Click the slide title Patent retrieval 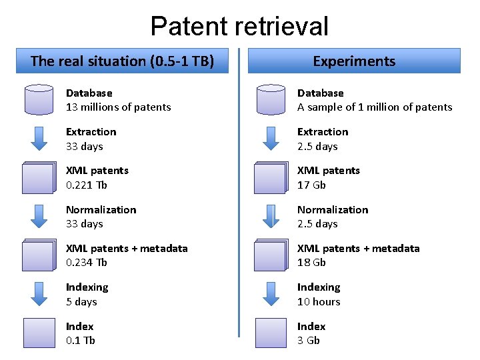point(239,26)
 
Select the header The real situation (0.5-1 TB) point(122,61)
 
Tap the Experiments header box point(354,61)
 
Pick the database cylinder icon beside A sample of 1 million point(271,99)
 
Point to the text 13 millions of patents point(118,107)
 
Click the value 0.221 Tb point(86,185)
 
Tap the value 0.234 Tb point(86,263)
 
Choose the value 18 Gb point(311,263)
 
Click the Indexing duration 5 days point(81,302)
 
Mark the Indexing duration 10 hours point(319,302)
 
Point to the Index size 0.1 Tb point(80,341)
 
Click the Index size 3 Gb point(308,341)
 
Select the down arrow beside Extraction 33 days point(39,139)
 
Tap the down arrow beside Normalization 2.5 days point(271,217)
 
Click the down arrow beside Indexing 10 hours point(271,294)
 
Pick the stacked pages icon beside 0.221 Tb point(38,178)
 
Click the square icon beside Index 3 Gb point(271,333)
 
